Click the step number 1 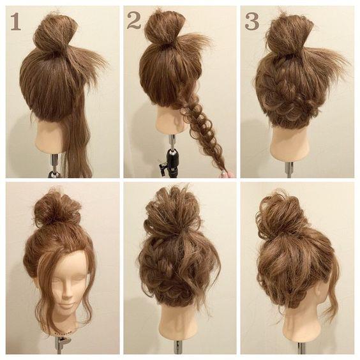point(16,22)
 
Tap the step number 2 point(133,21)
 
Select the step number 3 point(252,22)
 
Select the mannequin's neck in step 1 point(50,135)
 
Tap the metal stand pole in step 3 point(289,170)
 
